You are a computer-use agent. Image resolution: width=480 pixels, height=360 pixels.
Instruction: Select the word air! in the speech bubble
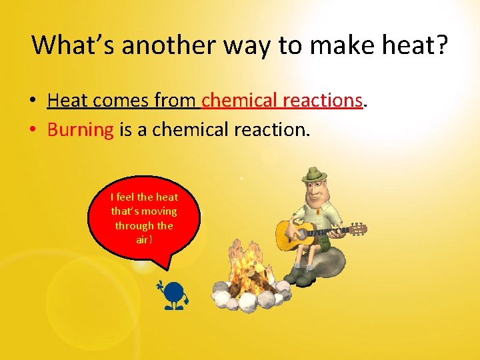click(144, 240)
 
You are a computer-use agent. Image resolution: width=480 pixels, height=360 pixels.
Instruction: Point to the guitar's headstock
click(359, 229)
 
